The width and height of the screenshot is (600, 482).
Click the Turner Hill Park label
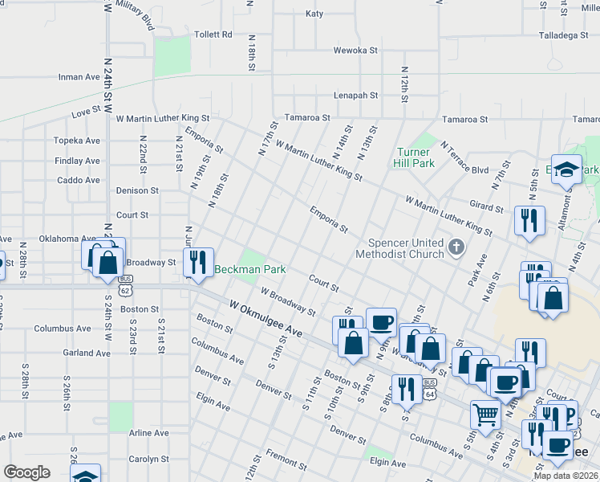pos(415,157)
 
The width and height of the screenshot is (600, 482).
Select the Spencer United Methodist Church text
pos(405,249)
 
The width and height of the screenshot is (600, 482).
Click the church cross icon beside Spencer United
pos(457,247)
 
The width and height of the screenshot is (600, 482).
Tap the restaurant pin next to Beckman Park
pos(197,262)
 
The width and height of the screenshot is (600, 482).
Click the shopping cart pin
pos(485,415)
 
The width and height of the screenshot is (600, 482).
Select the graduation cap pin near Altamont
pos(566,170)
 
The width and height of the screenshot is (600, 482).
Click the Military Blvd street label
pos(134,16)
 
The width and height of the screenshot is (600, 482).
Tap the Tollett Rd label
pos(213,35)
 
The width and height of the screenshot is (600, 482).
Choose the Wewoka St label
pos(355,50)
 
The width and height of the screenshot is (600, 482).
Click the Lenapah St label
pos(355,95)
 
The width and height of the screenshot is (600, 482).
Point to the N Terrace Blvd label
pos(464,158)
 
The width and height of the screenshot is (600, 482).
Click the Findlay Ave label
pos(78,161)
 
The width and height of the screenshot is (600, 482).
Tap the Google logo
pos(26,472)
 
